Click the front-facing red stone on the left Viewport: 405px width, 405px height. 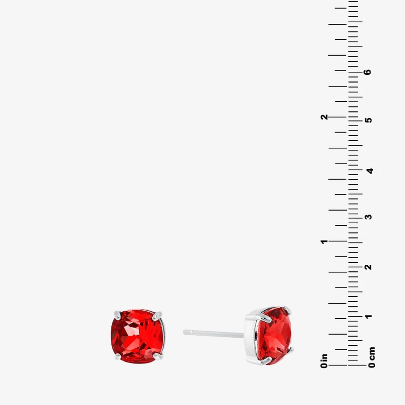coord(137,336)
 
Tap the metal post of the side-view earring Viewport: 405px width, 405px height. coord(213,334)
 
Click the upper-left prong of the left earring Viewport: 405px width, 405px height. coord(117,315)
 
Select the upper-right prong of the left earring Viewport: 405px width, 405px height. coord(157,316)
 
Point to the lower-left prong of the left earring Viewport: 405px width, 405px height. coord(118,356)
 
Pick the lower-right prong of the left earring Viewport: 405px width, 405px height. coord(158,356)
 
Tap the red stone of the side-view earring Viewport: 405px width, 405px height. coord(274,336)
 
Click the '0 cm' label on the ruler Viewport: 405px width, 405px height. coord(372,357)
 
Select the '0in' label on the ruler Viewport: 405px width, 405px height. coord(324,361)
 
